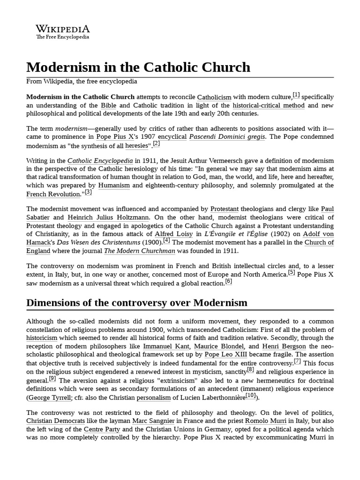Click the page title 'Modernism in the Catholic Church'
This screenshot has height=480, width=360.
[x=138, y=67]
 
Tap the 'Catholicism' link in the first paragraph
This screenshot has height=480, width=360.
[x=214, y=97]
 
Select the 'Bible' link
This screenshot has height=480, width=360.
[x=108, y=105]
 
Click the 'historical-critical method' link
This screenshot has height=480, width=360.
[x=269, y=105]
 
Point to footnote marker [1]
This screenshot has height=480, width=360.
[x=296, y=95]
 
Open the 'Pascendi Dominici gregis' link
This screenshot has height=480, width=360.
[x=227, y=137]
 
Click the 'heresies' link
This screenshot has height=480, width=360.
[x=136, y=145]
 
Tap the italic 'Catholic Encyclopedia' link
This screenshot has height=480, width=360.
[x=100, y=160]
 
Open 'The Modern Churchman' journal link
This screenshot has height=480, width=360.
[x=140, y=251]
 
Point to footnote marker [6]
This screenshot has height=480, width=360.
[x=228, y=281]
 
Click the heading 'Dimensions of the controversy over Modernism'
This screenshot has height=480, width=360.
[x=137, y=303]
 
